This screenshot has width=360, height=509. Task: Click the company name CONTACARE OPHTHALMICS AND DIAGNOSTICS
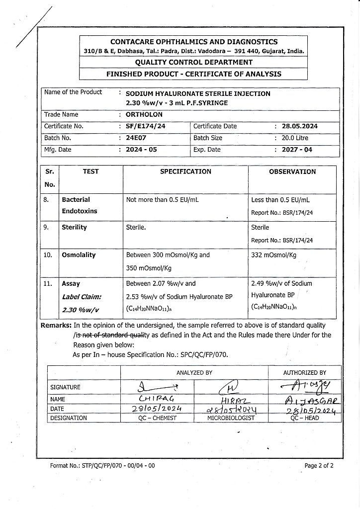click(x=194, y=42)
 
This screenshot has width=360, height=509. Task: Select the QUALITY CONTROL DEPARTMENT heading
click(x=194, y=63)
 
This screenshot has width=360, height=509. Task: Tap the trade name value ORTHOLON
click(x=144, y=115)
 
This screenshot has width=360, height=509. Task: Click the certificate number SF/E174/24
click(x=146, y=126)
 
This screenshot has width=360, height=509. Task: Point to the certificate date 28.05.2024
click(x=300, y=126)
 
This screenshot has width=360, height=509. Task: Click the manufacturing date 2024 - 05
click(x=141, y=150)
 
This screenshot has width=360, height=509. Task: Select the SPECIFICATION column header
click(x=185, y=171)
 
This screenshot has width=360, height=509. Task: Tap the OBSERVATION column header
click(x=292, y=172)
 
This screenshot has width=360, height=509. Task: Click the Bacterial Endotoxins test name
click(x=80, y=205)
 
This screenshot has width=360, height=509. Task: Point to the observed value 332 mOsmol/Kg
click(x=274, y=255)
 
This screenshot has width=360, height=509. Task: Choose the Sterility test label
click(x=74, y=228)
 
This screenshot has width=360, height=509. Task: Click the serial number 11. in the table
click(x=48, y=284)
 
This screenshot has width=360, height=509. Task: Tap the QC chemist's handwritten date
click(x=157, y=409)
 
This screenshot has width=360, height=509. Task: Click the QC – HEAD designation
click(x=305, y=419)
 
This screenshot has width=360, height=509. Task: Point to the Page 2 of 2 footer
click(x=319, y=466)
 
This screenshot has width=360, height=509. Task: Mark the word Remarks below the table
click(x=56, y=325)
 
